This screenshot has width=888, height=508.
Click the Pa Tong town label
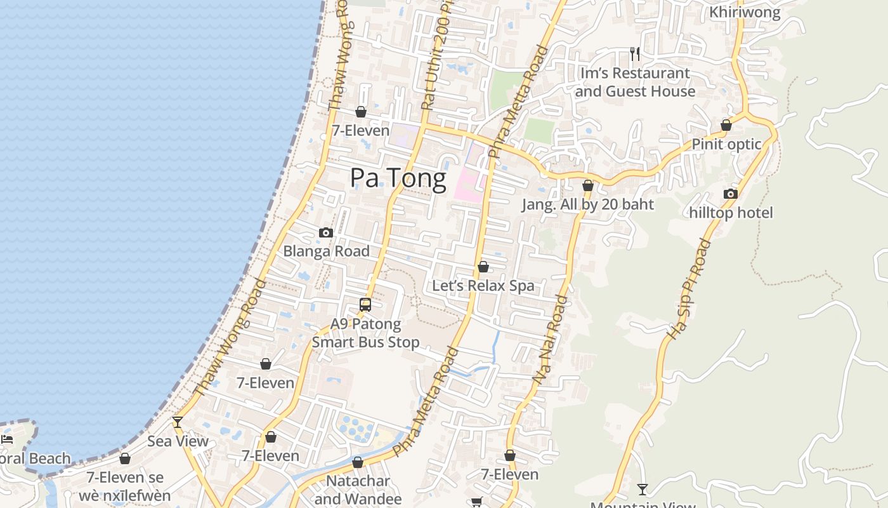(x=398, y=178)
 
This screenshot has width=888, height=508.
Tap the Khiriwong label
(x=745, y=12)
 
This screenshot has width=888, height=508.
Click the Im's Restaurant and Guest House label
(x=635, y=83)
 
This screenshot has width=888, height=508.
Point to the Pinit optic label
(x=726, y=144)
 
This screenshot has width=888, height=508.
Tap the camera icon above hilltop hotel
(x=731, y=194)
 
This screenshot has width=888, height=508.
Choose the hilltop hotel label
(x=731, y=213)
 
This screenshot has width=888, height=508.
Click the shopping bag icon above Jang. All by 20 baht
(x=588, y=185)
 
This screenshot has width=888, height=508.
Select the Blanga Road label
(x=326, y=251)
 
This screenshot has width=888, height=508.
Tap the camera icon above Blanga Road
(x=326, y=232)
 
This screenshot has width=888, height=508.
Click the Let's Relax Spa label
(x=483, y=286)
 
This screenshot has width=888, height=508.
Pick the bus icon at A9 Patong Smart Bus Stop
(x=365, y=304)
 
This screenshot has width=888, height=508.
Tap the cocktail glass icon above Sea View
(x=178, y=422)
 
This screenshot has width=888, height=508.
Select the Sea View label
(x=178, y=441)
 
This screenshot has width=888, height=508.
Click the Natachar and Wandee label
(x=358, y=490)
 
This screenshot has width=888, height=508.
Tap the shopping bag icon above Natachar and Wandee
(x=358, y=462)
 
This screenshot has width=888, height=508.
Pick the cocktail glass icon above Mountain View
(x=643, y=489)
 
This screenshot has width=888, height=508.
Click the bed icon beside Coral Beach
(x=7, y=439)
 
